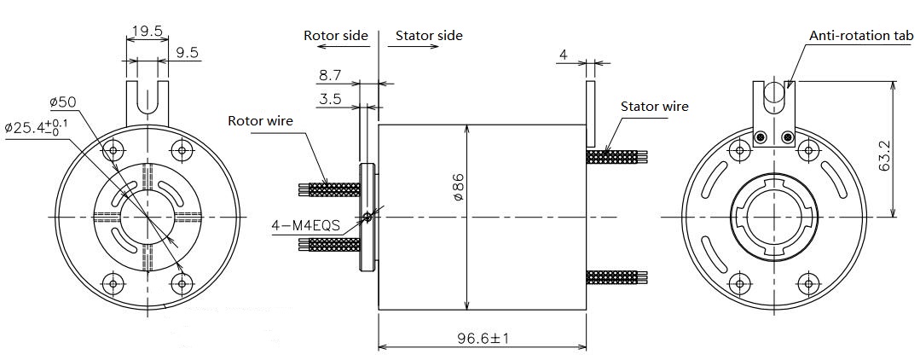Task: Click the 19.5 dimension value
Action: [x=147, y=31]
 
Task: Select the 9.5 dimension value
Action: [x=188, y=53]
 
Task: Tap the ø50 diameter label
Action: [x=63, y=102]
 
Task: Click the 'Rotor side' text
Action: [x=336, y=35]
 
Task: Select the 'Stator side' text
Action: [x=429, y=35]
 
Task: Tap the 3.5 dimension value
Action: [x=330, y=98]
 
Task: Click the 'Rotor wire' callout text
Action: [x=260, y=121]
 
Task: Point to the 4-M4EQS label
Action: [x=306, y=225]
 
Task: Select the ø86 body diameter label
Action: [x=458, y=187]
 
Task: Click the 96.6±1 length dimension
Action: [x=483, y=339]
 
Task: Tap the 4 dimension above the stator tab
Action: [x=564, y=55]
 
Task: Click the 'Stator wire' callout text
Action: [x=655, y=107]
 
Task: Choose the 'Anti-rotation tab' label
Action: [x=861, y=35]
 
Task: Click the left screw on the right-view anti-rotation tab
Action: [x=761, y=137]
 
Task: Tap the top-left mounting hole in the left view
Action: [x=113, y=151]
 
